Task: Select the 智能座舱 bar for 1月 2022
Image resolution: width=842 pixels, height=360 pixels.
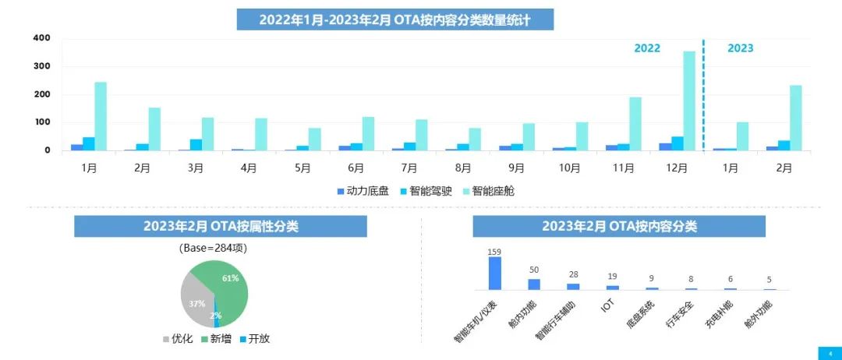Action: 101,116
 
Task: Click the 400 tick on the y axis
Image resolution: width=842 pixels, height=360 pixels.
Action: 41,38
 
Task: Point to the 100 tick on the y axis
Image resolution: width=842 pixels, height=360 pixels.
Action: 41,122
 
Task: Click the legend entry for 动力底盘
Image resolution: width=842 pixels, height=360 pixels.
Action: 363,191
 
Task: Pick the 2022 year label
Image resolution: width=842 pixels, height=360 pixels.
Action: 646,48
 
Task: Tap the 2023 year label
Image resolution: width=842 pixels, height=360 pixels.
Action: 740,48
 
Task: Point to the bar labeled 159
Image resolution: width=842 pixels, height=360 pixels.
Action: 494,274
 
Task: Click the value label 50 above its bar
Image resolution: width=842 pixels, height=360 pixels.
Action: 534,270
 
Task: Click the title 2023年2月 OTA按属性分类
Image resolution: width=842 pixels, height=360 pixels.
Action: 221,227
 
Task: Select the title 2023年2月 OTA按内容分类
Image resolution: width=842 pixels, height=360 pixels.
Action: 619,227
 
